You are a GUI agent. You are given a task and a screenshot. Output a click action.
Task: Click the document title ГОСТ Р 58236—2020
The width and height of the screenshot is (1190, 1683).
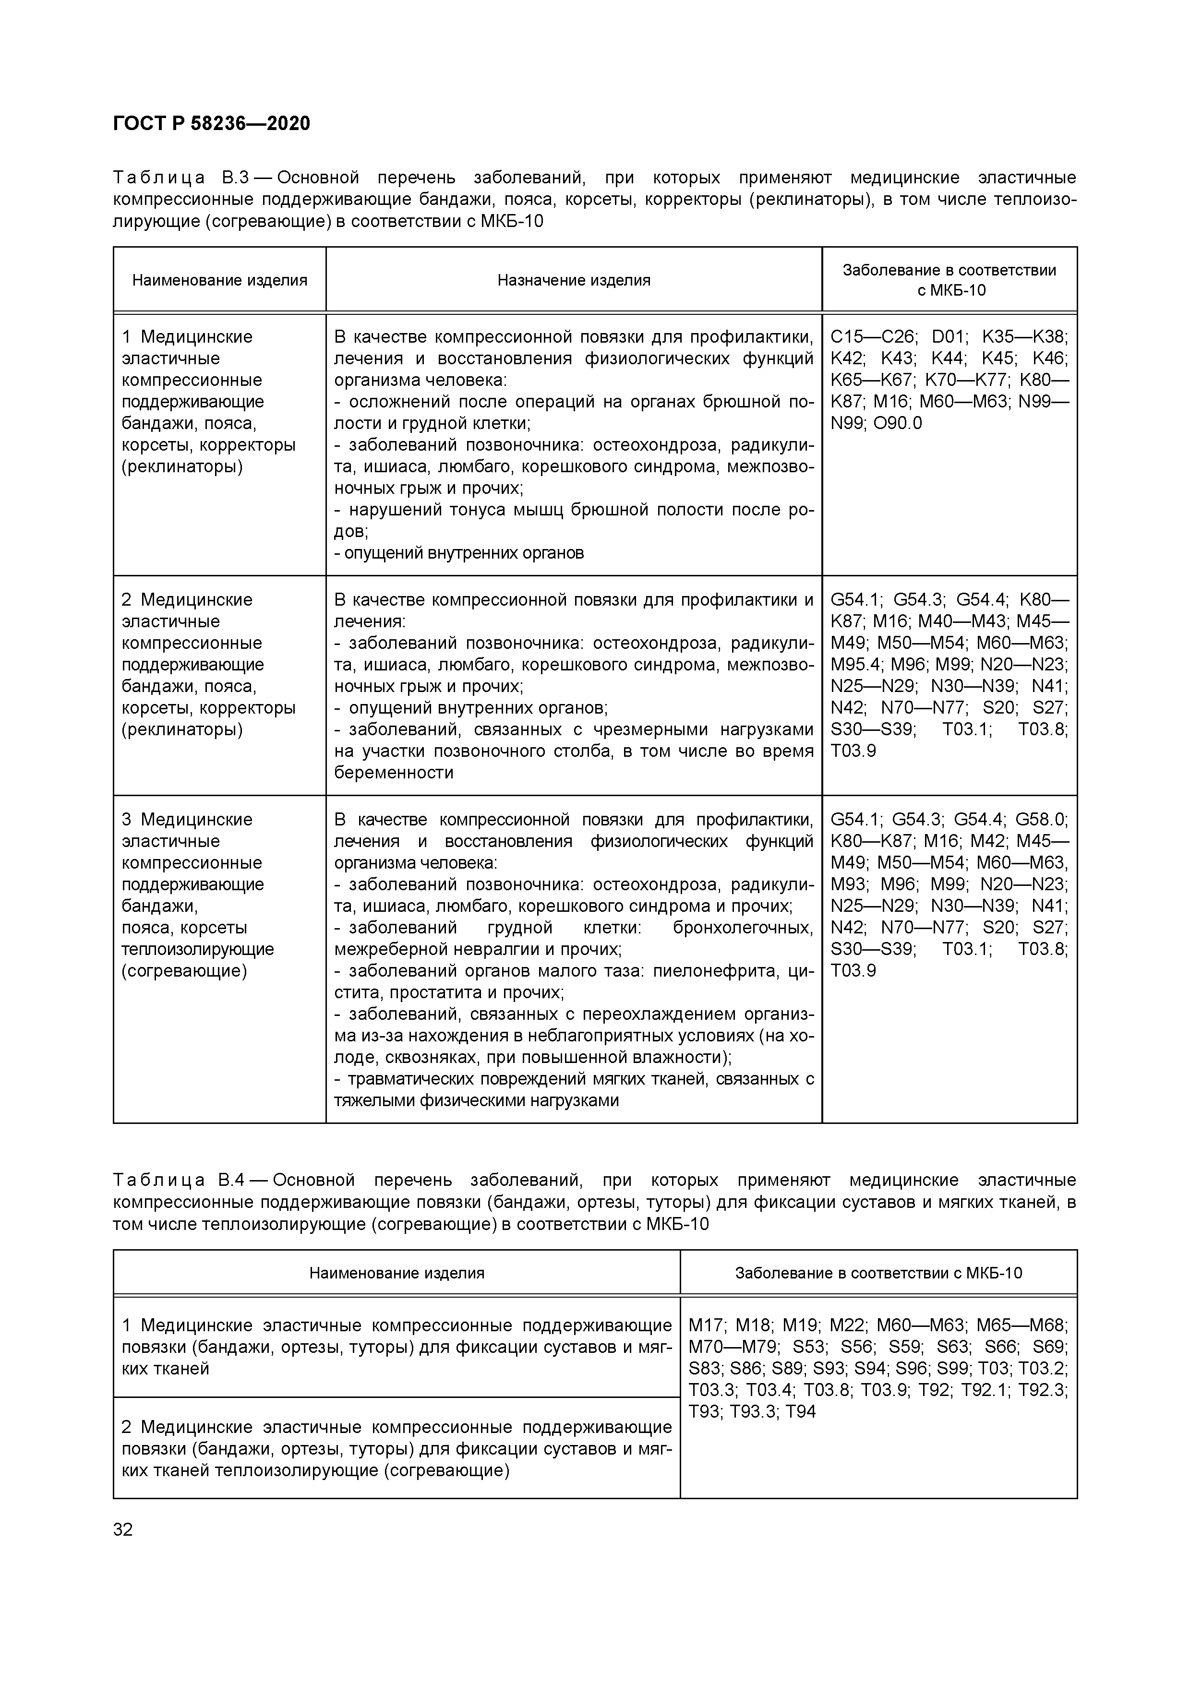(211, 124)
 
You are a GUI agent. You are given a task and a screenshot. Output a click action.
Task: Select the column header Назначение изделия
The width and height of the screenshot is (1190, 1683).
(573, 280)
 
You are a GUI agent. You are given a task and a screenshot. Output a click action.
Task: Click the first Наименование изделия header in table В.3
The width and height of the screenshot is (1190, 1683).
(219, 280)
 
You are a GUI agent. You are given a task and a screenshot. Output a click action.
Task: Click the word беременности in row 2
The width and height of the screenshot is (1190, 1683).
(394, 773)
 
